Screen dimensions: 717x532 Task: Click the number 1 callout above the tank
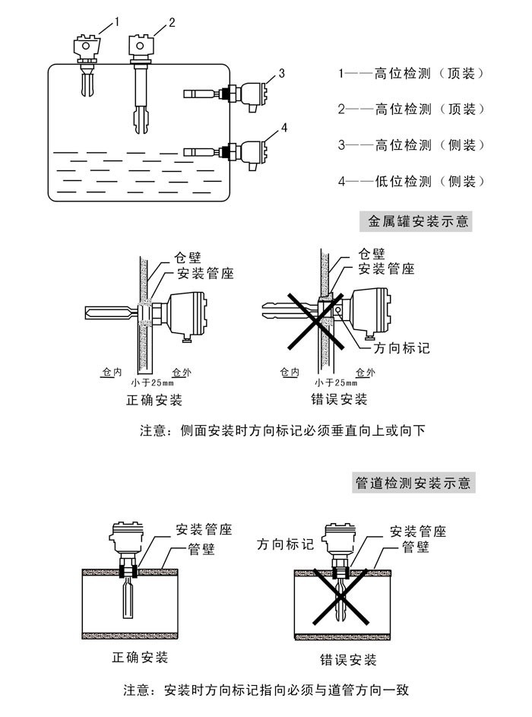(x=116, y=22)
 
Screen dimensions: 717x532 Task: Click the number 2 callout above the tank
(x=172, y=22)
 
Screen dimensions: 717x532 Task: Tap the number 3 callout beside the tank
(x=281, y=73)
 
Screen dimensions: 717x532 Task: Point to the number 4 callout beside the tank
(x=283, y=127)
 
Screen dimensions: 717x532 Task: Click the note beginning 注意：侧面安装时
(x=282, y=431)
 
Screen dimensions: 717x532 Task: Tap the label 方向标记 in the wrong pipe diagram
(x=286, y=545)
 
